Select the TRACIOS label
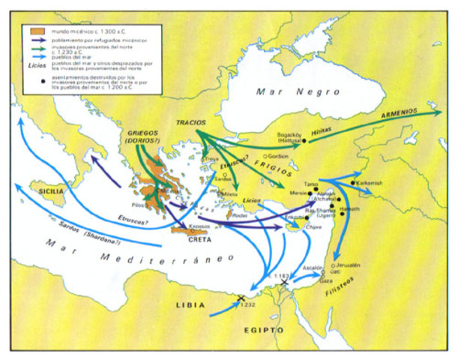pyautogui.click(x=190, y=121)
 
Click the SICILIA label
pyautogui.click(x=42, y=190)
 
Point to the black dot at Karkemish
pyautogui.click(x=352, y=182)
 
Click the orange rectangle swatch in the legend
pyautogui.click(x=34, y=30)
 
